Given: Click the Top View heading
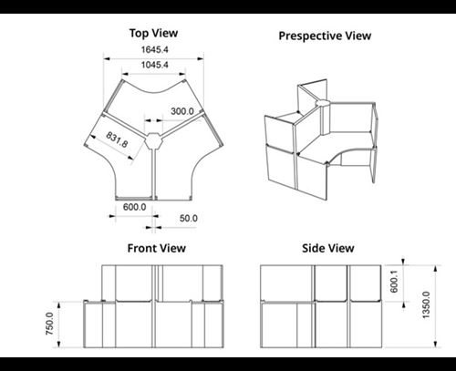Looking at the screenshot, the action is (153, 33).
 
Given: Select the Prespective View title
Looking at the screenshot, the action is (325, 36).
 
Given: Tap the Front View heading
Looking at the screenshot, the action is (157, 248).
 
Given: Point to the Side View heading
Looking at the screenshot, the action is (328, 248).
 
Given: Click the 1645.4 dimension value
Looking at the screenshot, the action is (154, 49).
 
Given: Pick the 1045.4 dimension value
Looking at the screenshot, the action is (154, 65).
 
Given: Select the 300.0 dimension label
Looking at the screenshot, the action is (182, 111).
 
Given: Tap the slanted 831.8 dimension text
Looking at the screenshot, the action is (117, 139).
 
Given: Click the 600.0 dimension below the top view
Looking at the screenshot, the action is (134, 207).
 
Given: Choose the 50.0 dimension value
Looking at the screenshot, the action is (189, 218).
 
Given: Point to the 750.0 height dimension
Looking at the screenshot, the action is (49, 324).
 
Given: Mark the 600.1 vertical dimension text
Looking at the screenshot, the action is (394, 282).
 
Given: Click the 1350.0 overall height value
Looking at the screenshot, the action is (426, 304).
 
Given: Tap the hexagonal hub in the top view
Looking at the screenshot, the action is (153, 141).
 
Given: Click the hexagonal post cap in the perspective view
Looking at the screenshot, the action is (323, 103).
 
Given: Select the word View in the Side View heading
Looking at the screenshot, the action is (341, 248).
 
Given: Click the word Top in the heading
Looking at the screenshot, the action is (139, 34).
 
